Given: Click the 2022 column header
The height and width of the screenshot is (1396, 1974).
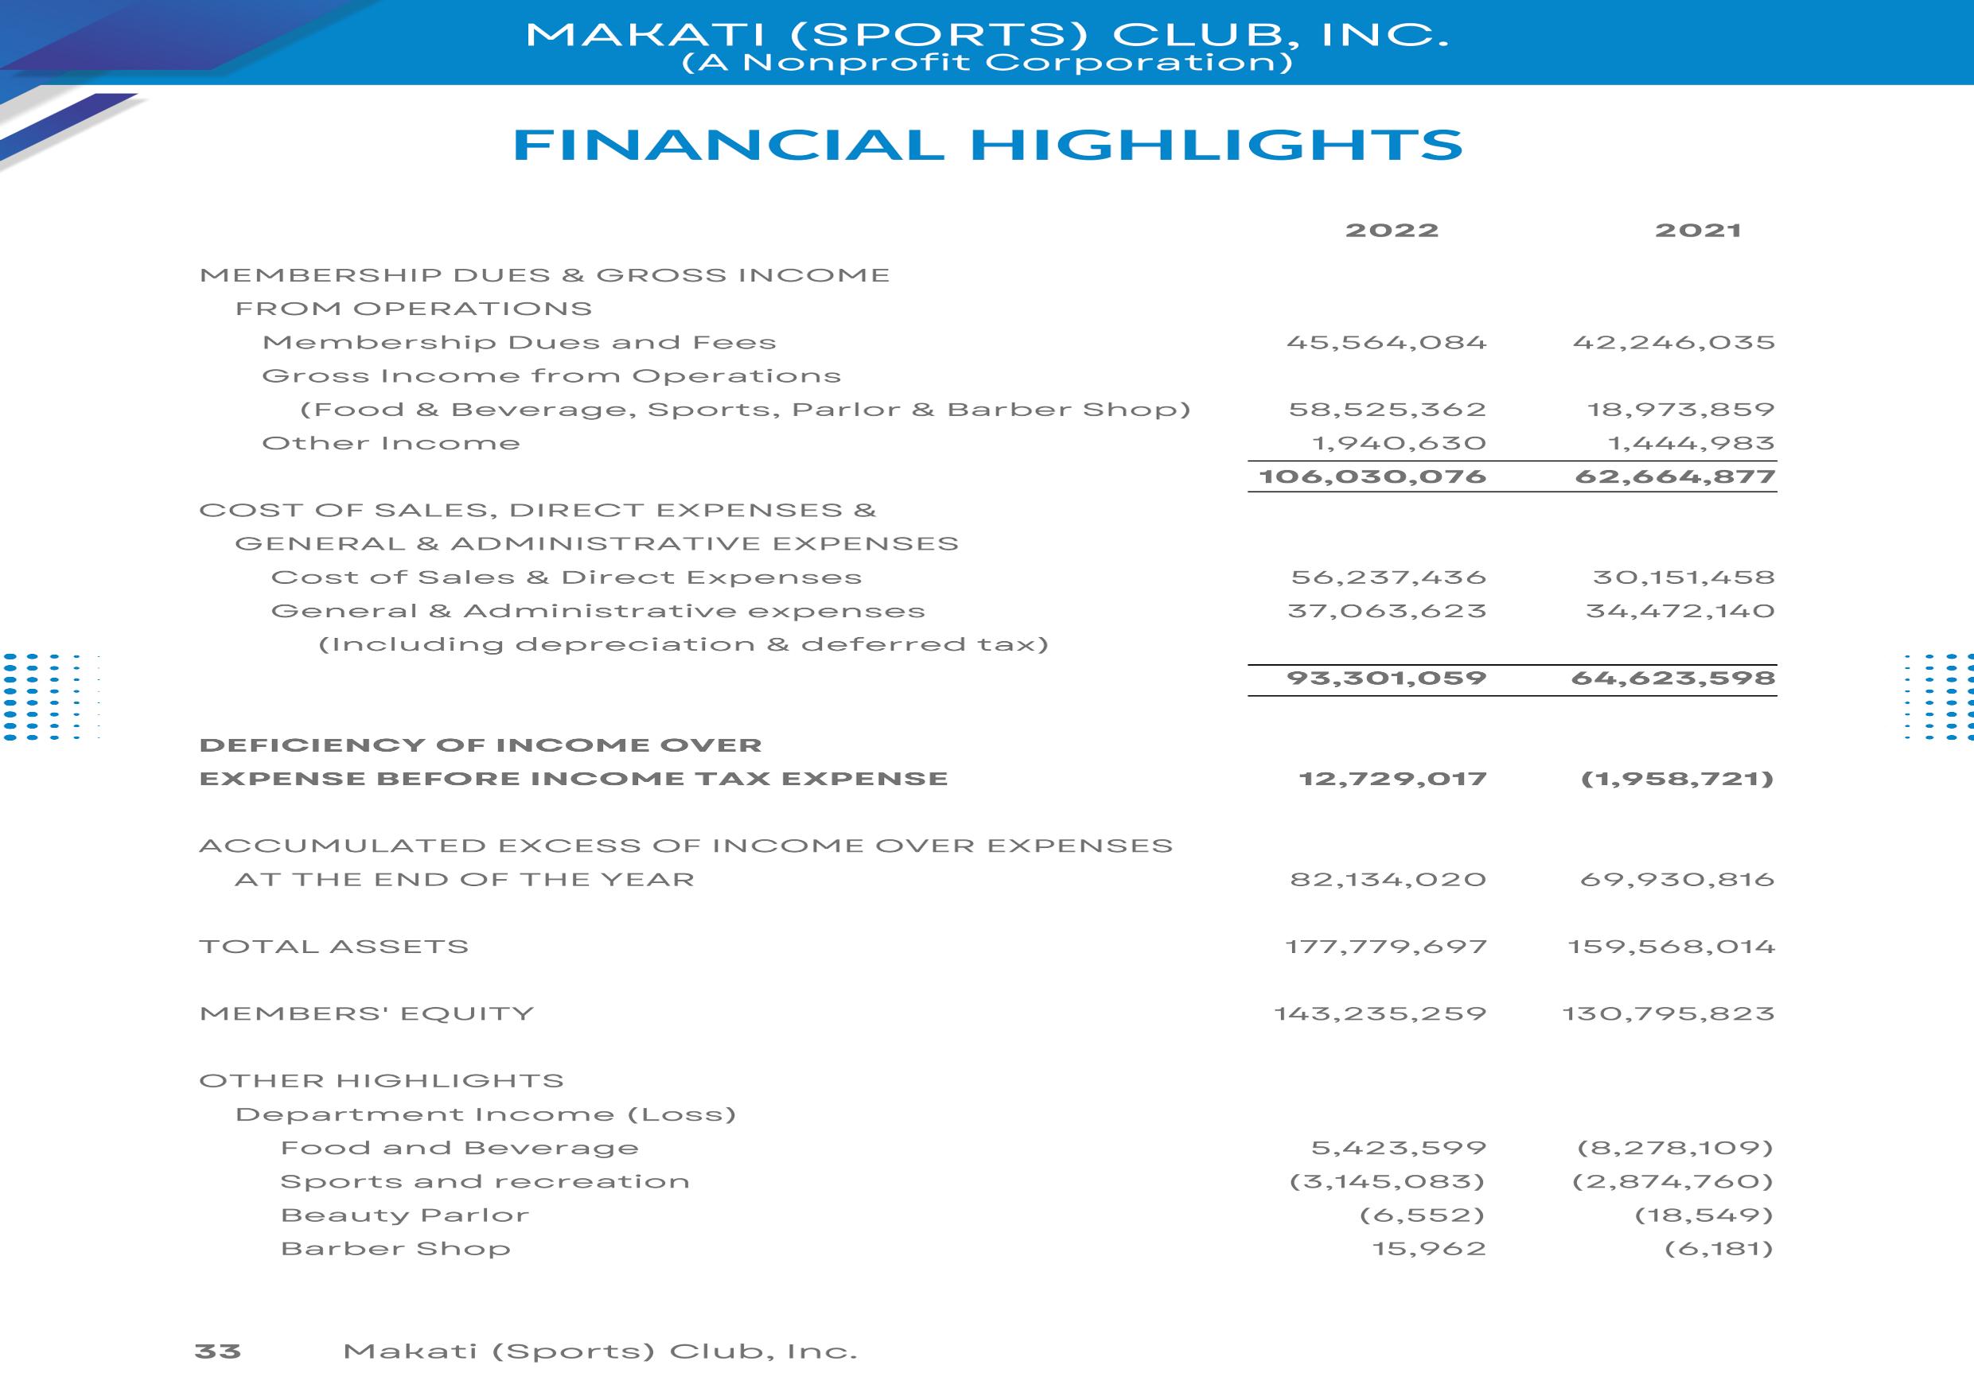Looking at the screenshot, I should pyautogui.click(x=1392, y=231).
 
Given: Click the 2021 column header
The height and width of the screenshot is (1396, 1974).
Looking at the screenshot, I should pyautogui.click(x=1698, y=231).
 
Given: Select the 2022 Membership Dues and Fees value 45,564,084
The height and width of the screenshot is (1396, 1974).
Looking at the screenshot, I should pyautogui.click(x=1386, y=342).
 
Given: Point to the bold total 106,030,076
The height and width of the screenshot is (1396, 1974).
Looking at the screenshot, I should pyautogui.click(x=1372, y=476).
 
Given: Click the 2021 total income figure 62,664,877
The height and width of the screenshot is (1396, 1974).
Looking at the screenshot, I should pyautogui.click(x=1675, y=476).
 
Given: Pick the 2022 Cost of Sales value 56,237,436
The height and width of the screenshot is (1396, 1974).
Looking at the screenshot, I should pyautogui.click(x=1388, y=577).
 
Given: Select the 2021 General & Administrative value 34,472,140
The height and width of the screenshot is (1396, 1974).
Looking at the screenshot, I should pyautogui.click(x=1680, y=611).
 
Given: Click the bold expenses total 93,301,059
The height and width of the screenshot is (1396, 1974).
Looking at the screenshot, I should pyautogui.click(x=1386, y=679).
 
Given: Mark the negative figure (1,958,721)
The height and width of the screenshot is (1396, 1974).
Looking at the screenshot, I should pyautogui.click(x=1677, y=779).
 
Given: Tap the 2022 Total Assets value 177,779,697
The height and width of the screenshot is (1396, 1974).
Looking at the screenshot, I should pyautogui.click(x=1386, y=947).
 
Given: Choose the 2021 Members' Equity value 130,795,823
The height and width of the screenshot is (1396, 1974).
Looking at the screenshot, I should pyautogui.click(x=1668, y=1013).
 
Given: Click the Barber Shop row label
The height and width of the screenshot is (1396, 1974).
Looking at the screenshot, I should pyautogui.click(x=395, y=1248).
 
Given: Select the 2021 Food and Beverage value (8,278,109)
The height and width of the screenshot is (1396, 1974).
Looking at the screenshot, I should pyautogui.click(x=1675, y=1148).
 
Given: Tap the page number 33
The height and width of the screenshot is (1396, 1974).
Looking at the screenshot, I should pyautogui.click(x=217, y=1351).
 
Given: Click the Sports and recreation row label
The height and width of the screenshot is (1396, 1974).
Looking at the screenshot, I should pyautogui.click(x=485, y=1181).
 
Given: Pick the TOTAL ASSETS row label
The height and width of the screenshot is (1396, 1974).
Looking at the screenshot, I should pyautogui.click(x=333, y=947).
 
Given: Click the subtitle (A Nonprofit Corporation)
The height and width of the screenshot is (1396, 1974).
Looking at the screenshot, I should pyautogui.click(x=986, y=63).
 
